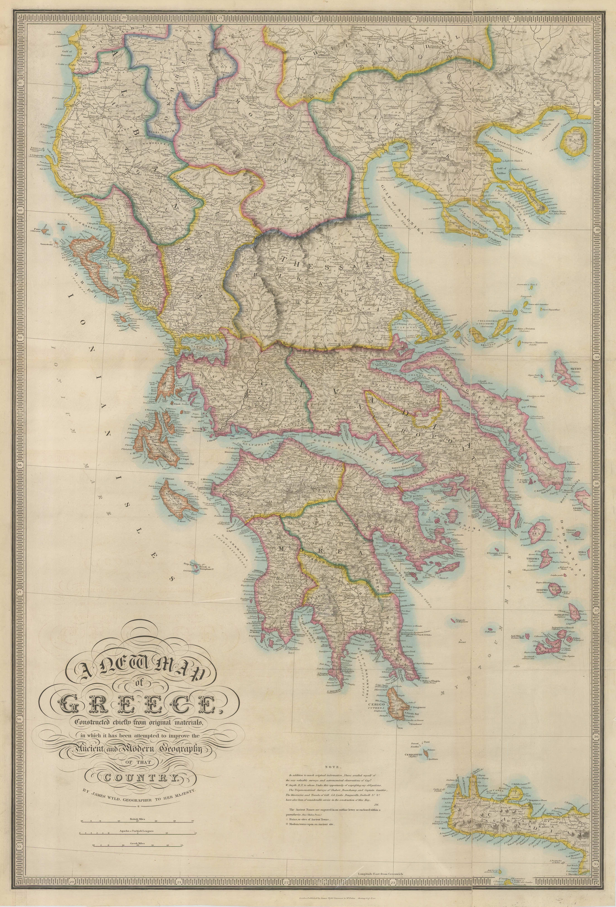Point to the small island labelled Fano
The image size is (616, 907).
coord(38,230)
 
